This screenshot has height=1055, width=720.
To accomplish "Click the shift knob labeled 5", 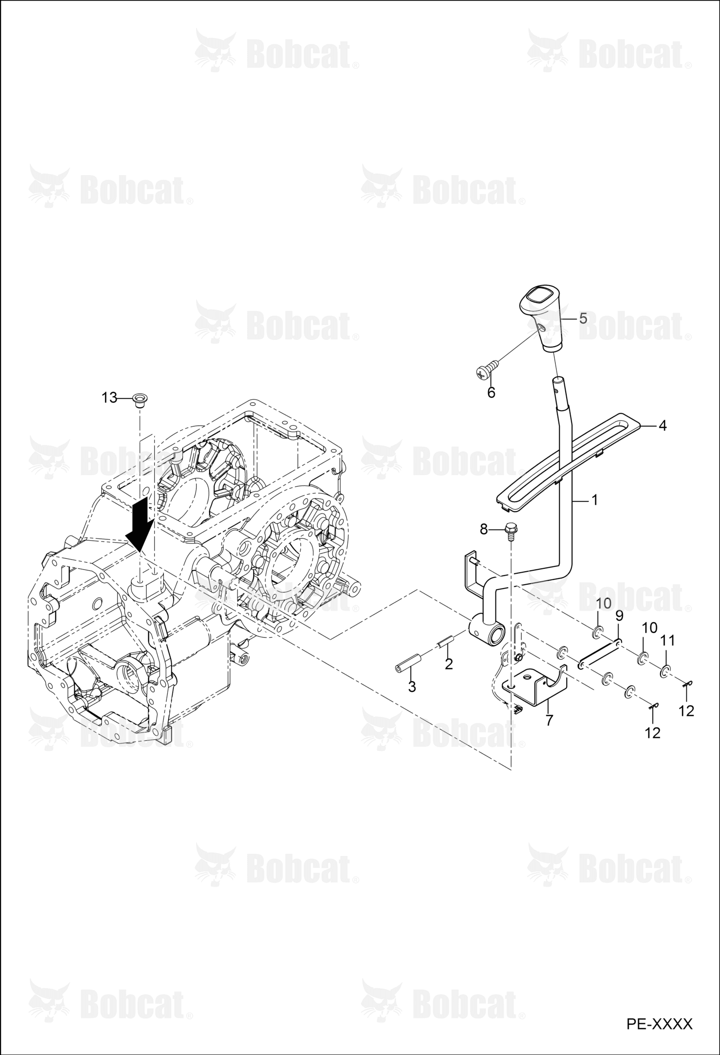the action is coord(541,318).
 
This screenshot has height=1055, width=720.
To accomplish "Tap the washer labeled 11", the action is coord(665,670).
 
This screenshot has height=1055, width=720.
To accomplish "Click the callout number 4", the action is coord(662,425).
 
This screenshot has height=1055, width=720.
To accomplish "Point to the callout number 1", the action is coord(594,500).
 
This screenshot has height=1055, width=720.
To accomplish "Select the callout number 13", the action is coord(110,398).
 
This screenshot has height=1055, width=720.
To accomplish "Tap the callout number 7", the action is coord(549,720).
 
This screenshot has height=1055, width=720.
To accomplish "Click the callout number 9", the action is coord(619,615).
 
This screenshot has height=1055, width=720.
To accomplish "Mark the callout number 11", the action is coord(668,641).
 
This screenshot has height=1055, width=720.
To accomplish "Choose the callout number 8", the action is coord(484,529).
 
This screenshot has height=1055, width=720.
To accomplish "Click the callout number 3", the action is coord(412,687).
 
